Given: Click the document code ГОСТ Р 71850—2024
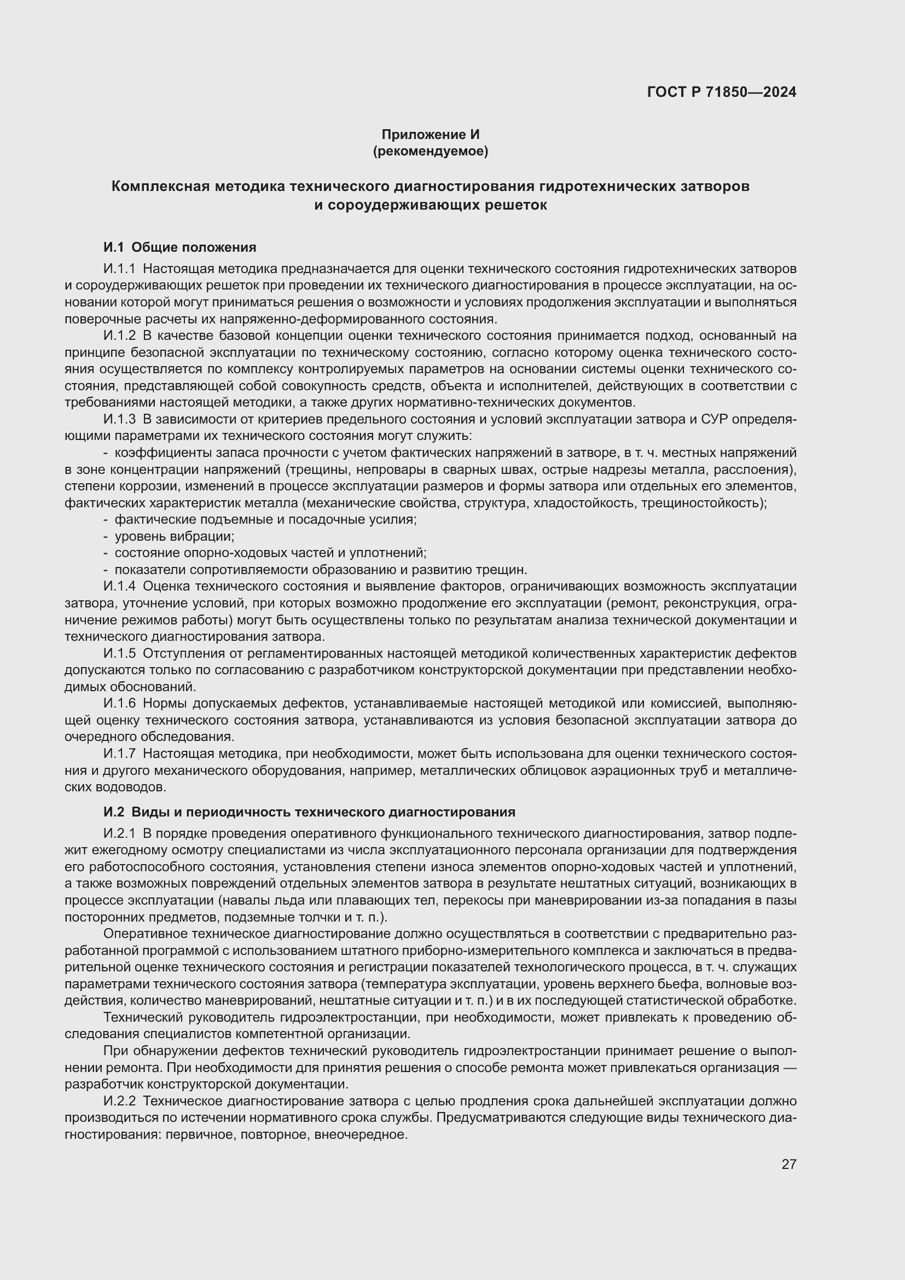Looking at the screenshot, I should pyautogui.click(x=722, y=92).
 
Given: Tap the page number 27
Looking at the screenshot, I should pyautogui.click(x=788, y=1164).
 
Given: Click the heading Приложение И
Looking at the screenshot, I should pyautogui.click(x=430, y=135).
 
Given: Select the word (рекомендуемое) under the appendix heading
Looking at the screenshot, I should pyautogui.click(x=430, y=151).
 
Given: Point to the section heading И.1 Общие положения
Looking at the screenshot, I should pyautogui.click(x=179, y=247).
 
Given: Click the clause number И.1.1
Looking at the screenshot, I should pyautogui.click(x=119, y=269).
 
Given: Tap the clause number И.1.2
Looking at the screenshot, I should pyautogui.click(x=119, y=335).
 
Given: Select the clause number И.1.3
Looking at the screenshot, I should pyautogui.click(x=119, y=419).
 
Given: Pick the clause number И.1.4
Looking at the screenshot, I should pyautogui.click(x=119, y=586).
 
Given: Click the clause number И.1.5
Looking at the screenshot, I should pyautogui.click(x=119, y=653).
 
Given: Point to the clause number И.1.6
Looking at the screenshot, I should pyautogui.click(x=119, y=703).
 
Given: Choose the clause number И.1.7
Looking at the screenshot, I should pyautogui.click(x=119, y=753).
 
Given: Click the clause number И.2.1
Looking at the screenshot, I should pyautogui.click(x=119, y=833).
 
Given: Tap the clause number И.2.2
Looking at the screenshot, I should pyautogui.click(x=119, y=1101).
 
